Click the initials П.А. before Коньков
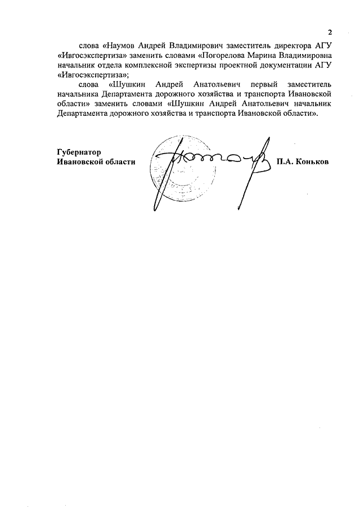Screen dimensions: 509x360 285,161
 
